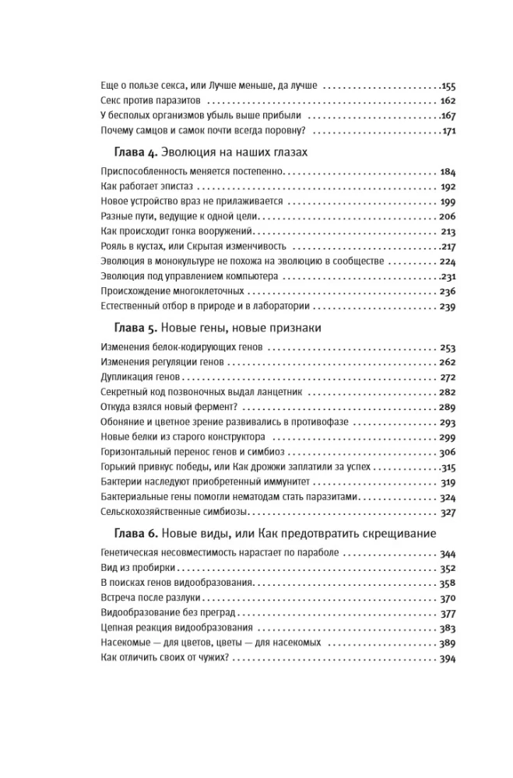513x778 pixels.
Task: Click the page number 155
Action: click(448, 87)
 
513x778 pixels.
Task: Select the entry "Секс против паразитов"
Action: click(152, 102)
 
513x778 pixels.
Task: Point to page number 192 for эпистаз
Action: click(448, 187)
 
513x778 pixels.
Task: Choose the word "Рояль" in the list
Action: click(115, 246)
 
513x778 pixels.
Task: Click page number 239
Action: click(448, 307)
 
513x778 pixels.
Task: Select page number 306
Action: click(448, 452)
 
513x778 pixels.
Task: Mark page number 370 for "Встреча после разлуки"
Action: click(448, 598)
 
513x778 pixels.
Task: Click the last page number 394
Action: click(448, 658)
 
